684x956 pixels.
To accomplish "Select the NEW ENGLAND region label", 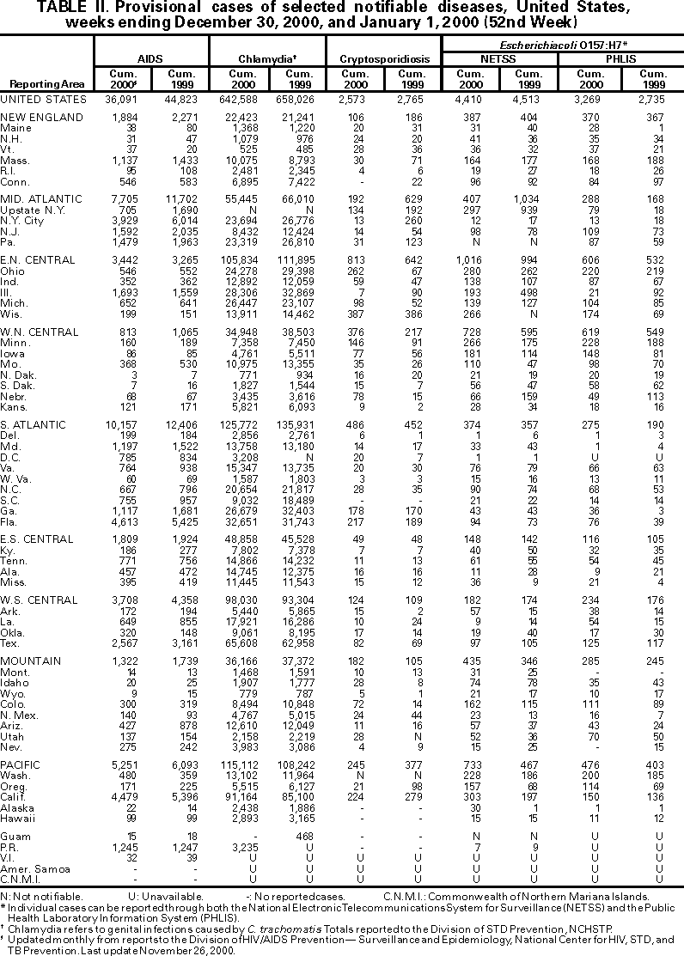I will click(37, 117).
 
